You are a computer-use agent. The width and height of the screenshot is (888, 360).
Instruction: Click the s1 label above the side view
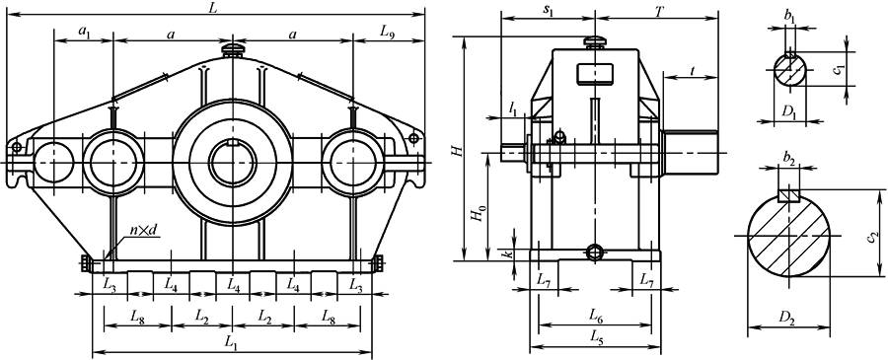[x=547, y=12]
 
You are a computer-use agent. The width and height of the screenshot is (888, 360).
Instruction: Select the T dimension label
[x=659, y=11]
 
